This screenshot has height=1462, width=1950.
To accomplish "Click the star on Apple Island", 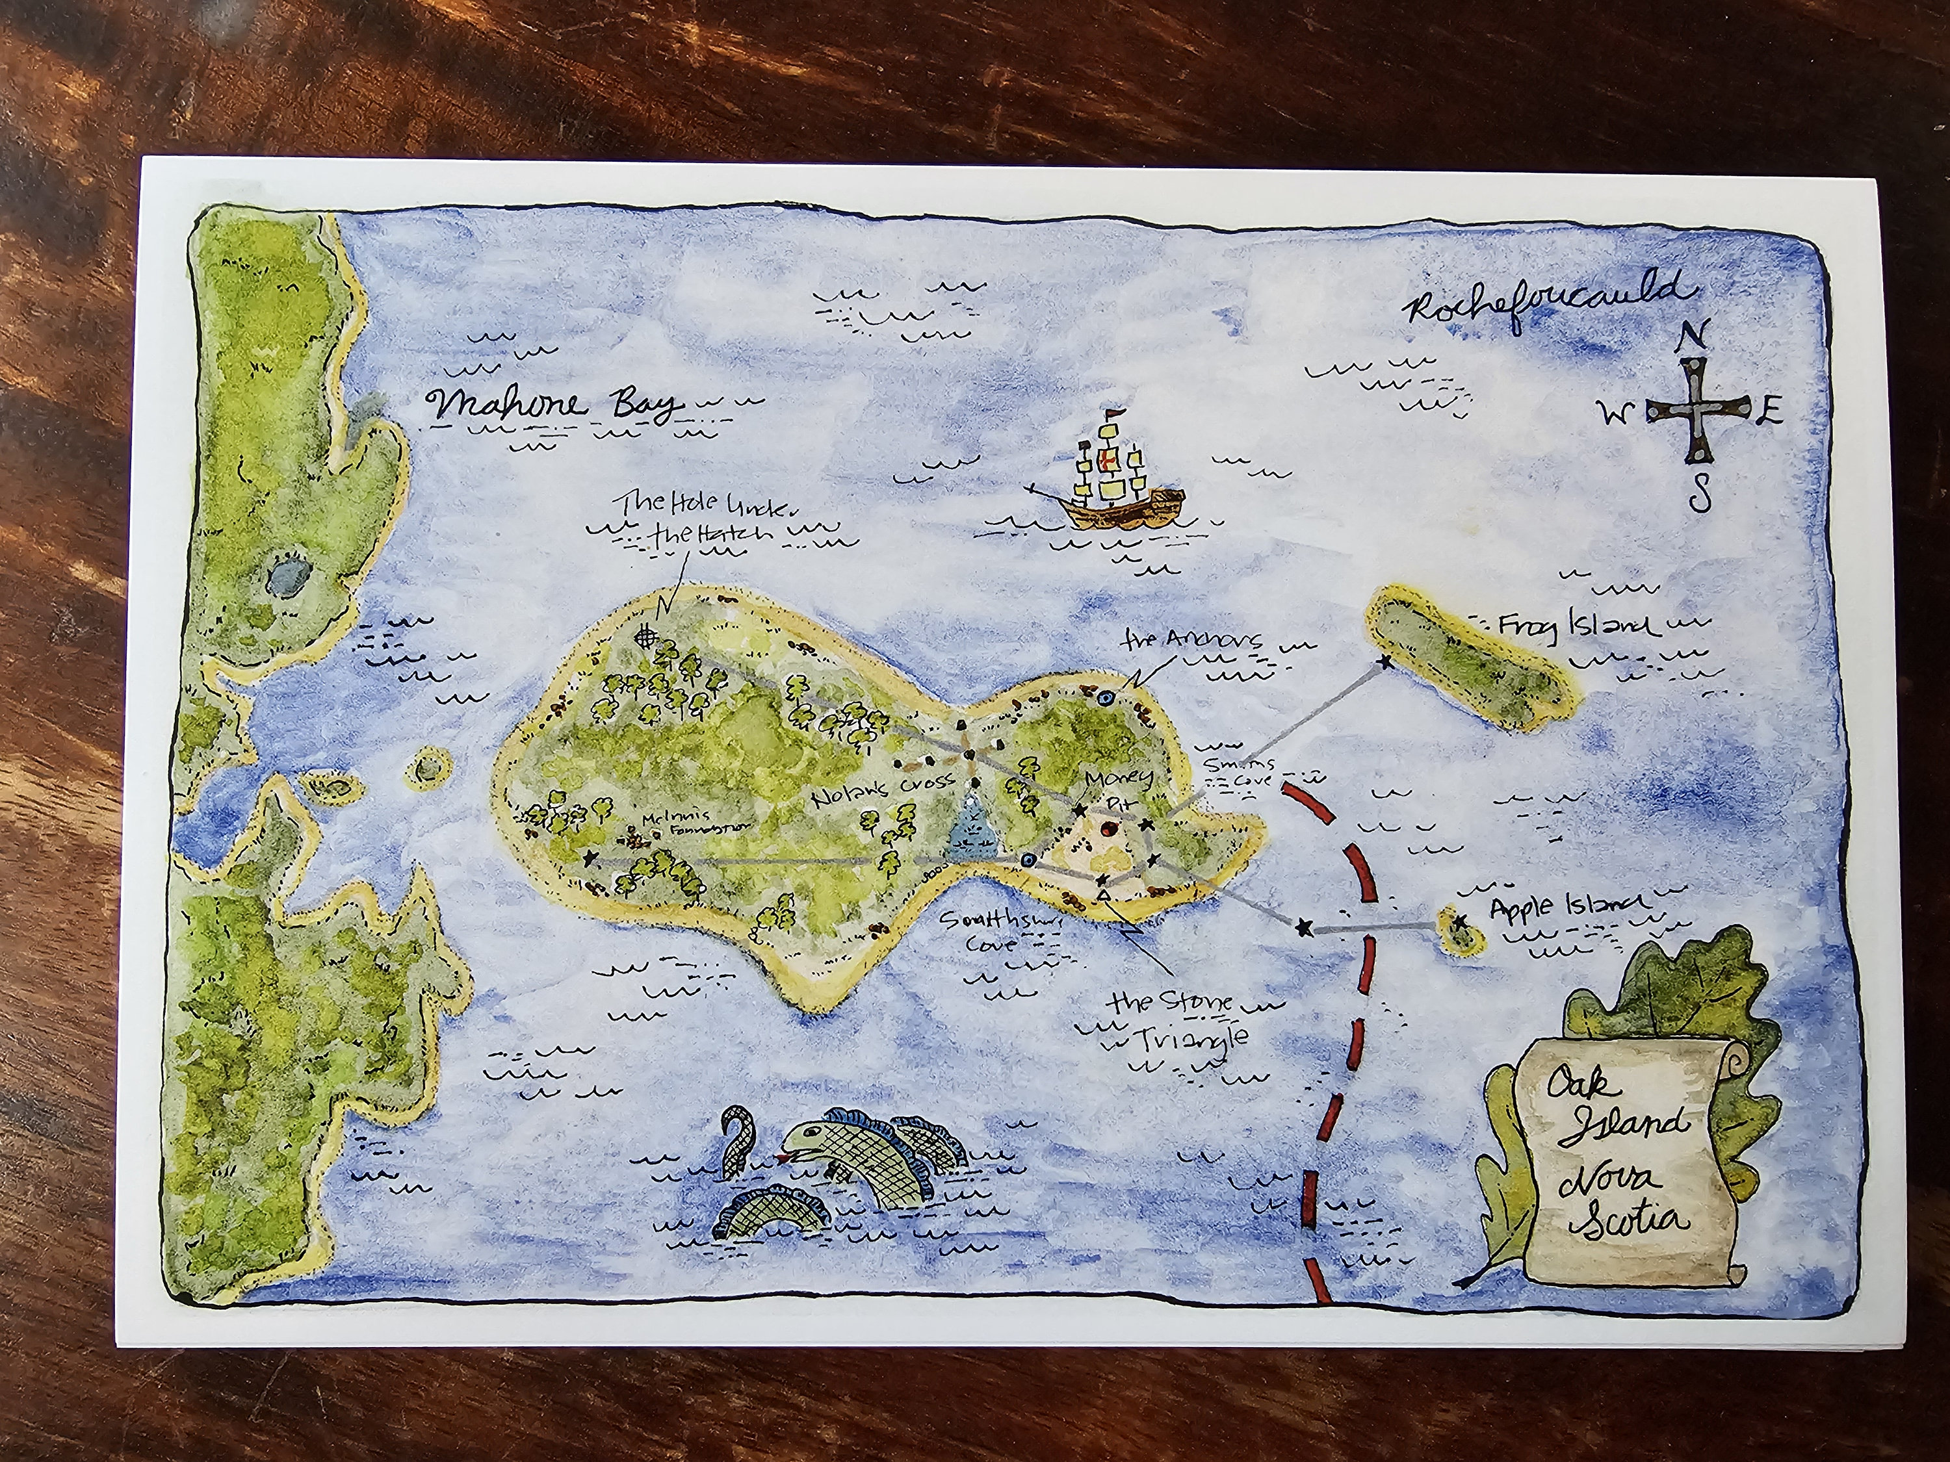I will tap(1460, 922).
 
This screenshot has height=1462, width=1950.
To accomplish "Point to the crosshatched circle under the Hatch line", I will tap(648, 634).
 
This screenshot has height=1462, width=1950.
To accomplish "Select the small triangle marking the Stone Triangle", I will tap(1103, 895).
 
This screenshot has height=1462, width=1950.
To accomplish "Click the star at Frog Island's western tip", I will tap(1386, 662).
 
